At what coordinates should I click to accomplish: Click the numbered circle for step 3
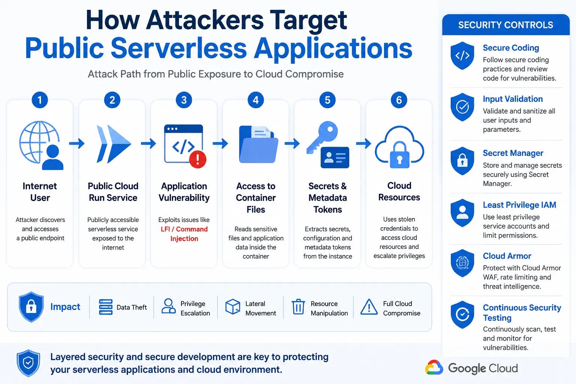184,100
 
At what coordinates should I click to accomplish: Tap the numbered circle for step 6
399,100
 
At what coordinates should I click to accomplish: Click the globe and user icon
41,145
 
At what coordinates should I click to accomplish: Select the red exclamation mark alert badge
198,159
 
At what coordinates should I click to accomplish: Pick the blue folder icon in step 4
258,144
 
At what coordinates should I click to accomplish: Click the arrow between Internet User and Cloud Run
76,143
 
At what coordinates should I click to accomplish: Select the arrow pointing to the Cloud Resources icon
364,143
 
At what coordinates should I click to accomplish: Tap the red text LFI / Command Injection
184,234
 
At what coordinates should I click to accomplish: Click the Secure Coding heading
511,48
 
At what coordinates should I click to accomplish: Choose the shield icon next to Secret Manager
462,161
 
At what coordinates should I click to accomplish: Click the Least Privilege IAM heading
519,205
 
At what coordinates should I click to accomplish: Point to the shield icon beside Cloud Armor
462,263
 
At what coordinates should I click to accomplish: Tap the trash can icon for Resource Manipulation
298,307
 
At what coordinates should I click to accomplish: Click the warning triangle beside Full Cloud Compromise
369,307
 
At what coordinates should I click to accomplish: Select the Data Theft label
132,307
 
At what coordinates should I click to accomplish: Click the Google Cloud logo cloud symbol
434,367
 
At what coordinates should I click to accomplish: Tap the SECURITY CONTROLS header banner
506,25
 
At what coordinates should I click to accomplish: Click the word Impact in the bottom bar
65,307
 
